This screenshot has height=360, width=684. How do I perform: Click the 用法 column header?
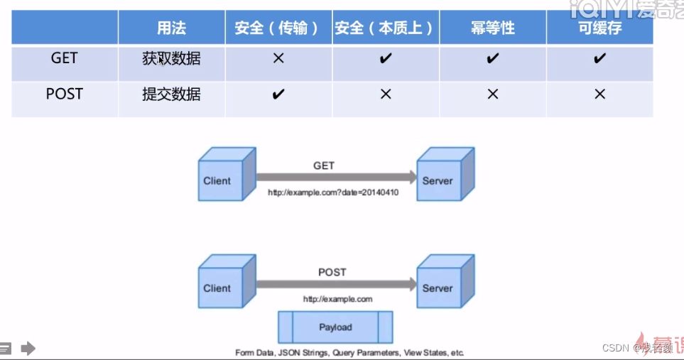[171, 28]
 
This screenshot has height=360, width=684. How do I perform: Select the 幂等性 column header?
[492, 28]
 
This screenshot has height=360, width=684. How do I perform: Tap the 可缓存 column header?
[599, 28]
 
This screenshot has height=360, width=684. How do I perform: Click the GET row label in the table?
[64, 58]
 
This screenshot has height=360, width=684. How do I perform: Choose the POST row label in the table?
[64, 94]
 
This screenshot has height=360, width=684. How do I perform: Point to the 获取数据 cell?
[171, 58]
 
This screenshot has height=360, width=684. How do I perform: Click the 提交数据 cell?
[171, 94]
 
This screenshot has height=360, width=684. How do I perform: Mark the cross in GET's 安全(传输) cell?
[278, 58]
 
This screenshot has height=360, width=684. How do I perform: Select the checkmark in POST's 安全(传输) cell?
[278, 94]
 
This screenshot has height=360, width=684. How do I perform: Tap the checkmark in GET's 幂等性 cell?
[492, 58]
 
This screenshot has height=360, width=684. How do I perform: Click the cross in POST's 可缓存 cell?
[599, 94]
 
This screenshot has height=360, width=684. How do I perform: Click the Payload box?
[335, 327]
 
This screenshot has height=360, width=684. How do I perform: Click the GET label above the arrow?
[324, 165]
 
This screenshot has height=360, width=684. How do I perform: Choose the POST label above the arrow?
[332, 272]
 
